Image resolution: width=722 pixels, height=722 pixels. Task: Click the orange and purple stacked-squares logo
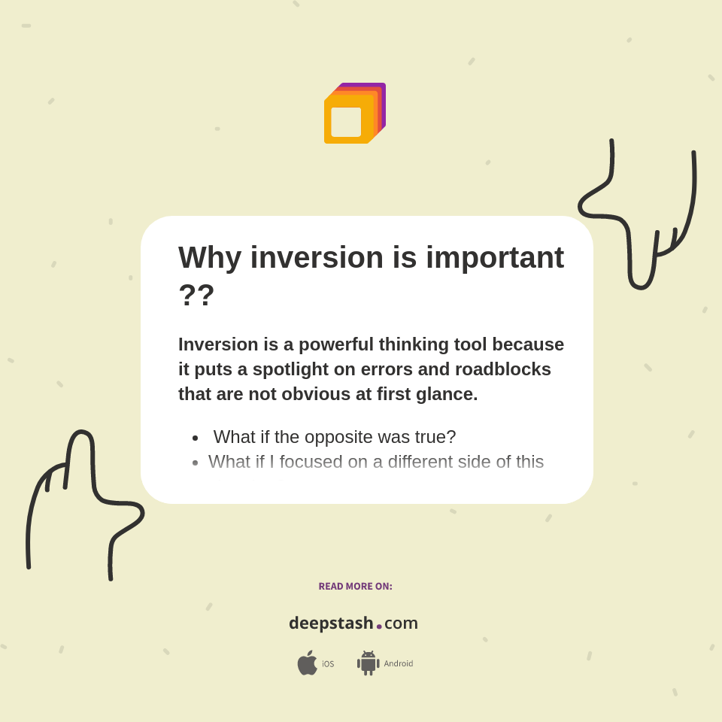[x=354, y=113]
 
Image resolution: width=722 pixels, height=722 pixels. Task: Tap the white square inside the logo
[x=346, y=122]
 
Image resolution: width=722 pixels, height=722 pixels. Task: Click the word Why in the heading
[x=210, y=258]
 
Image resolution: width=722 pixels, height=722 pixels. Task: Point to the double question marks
[x=196, y=295]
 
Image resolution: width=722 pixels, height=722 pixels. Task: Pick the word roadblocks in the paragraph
[x=502, y=369]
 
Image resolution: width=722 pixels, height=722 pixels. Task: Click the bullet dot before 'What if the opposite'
[x=195, y=438]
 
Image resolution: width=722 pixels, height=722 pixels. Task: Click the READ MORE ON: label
[x=355, y=587]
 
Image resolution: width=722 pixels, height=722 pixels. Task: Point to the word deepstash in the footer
[x=331, y=623]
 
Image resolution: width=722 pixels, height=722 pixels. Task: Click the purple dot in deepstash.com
[x=379, y=626]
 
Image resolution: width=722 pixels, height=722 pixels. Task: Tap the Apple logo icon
[x=307, y=663]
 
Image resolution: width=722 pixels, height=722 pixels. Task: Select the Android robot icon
[x=368, y=663]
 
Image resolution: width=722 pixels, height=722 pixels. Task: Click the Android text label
[x=398, y=663]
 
